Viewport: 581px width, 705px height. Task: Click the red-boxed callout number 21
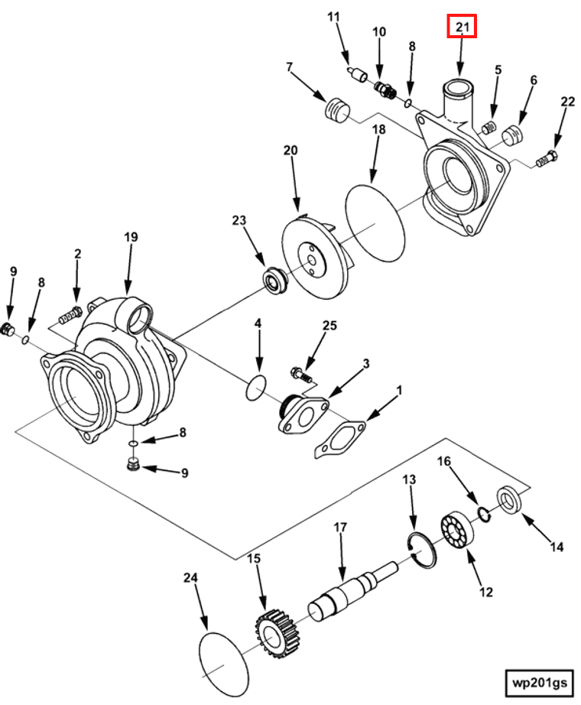point(462,27)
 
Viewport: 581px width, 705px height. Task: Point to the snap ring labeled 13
point(422,550)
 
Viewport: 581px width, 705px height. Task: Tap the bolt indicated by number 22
point(547,159)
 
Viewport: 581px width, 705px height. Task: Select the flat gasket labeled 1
point(340,439)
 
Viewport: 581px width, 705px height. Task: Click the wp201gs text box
point(539,683)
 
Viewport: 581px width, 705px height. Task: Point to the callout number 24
point(190,577)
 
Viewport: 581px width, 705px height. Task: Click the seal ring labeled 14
point(509,499)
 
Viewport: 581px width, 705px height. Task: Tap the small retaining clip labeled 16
point(484,514)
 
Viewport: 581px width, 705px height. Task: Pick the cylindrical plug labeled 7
point(337,109)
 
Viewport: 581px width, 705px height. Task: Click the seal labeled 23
point(274,280)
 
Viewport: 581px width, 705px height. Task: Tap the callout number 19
point(131,237)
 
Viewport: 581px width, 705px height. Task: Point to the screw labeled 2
point(70,315)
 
